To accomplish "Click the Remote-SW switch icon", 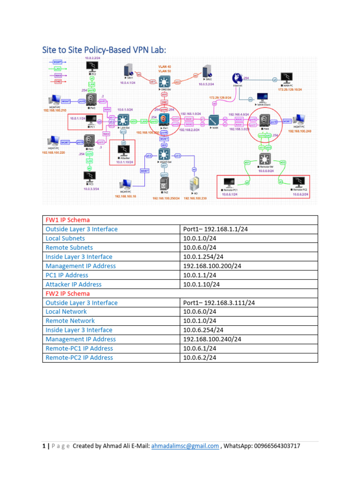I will pyautogui.click(x=265, y=158).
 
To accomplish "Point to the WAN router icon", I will pyautogui.click(x=214, y=120).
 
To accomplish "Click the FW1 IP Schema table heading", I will pyautogui.click(x=67, y=220).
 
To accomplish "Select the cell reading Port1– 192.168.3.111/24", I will pyautogui.click(x=222, y=303).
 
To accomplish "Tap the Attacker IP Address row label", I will pyautogui.click(x=73, y=284).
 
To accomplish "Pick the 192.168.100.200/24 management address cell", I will pyautogui.click(x=212, y=266).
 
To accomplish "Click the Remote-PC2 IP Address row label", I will pyautogui.click(x=79, y=357).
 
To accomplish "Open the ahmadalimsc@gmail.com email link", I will pyautogui.click(x=185, y=446).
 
